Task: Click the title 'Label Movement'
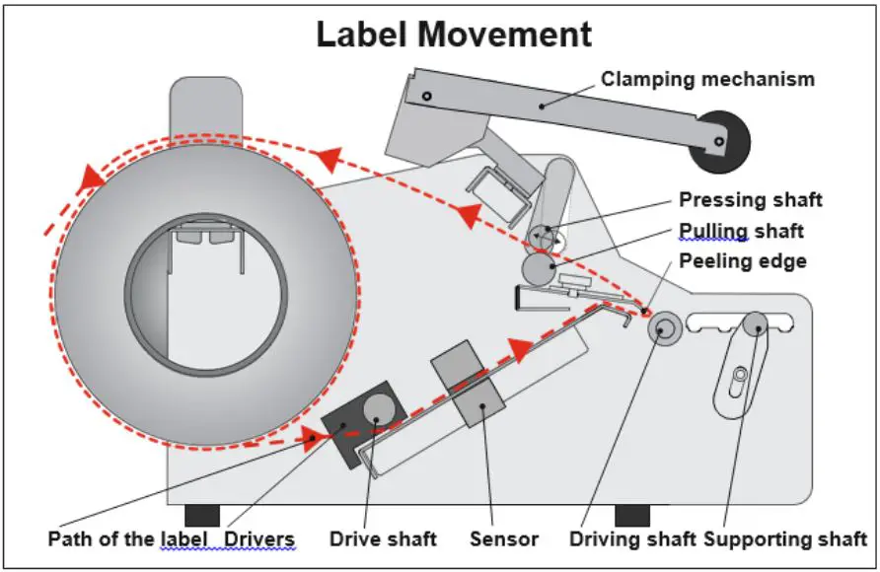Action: pyautogui.click(x=454, y=35)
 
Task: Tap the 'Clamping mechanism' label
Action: pyautogui.click(x=707, y=79)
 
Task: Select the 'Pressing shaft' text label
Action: pyautogui.click(x=751, y=199)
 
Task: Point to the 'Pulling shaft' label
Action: pyautogui.click(x=741, y=231)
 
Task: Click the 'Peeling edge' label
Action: pyautogui.click(x=743, y=260)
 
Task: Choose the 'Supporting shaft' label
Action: pyautogui.click(x=785, y=538)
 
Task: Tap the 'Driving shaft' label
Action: pyautogui.click(x=632, y=538)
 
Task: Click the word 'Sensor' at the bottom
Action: pyautogui.click(x=504, y=538)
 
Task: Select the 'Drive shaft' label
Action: pyautogui.click(x=383, y=538)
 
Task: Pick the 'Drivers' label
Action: pyautogui.click(x=258, y=538)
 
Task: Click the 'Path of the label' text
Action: pyautogui.click(x=127, y=538)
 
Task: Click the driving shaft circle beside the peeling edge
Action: pyautogui.click(x=665, y=328)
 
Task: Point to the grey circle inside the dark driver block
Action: pyautogui.click(x=380, y=409)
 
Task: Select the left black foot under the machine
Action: pyautogui.click(x=202, y=516)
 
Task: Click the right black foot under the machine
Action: pyautogui.click(x=632, y=516)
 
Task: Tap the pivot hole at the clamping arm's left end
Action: pyautogui.click(x=426, y=96)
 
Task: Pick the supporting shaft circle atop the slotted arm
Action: pyautogui.click(x=756, y=325)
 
